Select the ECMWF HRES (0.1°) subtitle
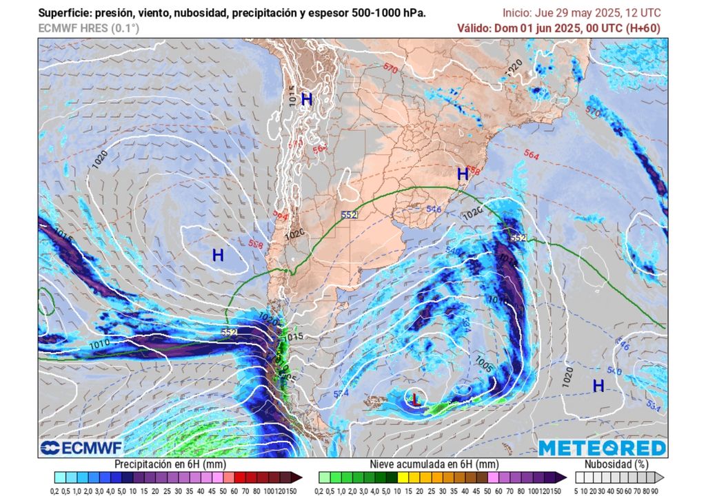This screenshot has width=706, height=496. point(89,28)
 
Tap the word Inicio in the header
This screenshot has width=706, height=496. point(518,13)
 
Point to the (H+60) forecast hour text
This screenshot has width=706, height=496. point(643,28)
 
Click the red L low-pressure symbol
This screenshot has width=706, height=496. point(415,398)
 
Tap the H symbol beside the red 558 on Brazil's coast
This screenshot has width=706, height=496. point(463,174)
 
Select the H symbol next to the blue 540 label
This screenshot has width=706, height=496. point(598,386)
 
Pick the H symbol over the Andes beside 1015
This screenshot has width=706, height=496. point(307,99)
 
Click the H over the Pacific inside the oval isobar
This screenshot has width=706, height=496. point(218,256)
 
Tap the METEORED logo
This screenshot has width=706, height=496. point(603,448)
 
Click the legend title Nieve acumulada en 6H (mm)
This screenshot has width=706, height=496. point(434,464)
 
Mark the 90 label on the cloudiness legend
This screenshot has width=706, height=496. point(654,490)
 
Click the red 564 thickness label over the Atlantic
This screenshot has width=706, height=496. point(531,156)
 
